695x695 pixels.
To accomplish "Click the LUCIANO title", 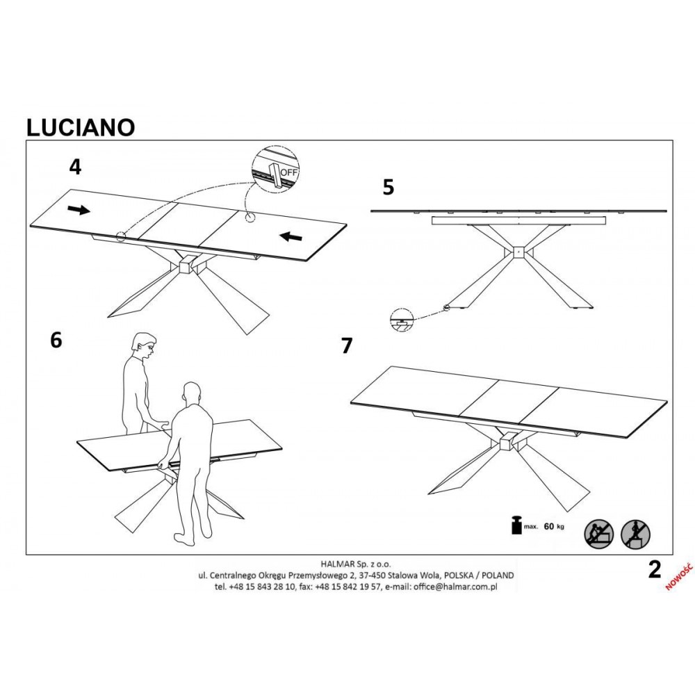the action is [81, 127].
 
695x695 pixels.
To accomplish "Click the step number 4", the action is [75, 167].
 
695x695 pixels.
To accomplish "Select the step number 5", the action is [389, 187].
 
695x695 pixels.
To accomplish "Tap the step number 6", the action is [56, 341].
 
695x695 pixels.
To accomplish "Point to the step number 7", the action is [347, 346].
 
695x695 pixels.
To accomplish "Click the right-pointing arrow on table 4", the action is [79, 210].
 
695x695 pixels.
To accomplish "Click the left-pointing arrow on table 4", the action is [291, 237].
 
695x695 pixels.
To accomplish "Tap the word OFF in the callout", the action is [289, 172].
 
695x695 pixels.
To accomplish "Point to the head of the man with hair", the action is [145, 345].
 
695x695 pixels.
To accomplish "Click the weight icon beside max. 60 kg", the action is [516, 525].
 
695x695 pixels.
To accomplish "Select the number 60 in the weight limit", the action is [549, 527].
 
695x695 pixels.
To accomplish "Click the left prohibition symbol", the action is [598, 534].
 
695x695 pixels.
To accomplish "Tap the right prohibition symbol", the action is [635, 534].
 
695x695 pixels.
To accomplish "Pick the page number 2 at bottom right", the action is [654, 570].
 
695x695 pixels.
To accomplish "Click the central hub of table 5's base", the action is [518, 251].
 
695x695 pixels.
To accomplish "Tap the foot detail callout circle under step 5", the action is [402, 319].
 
